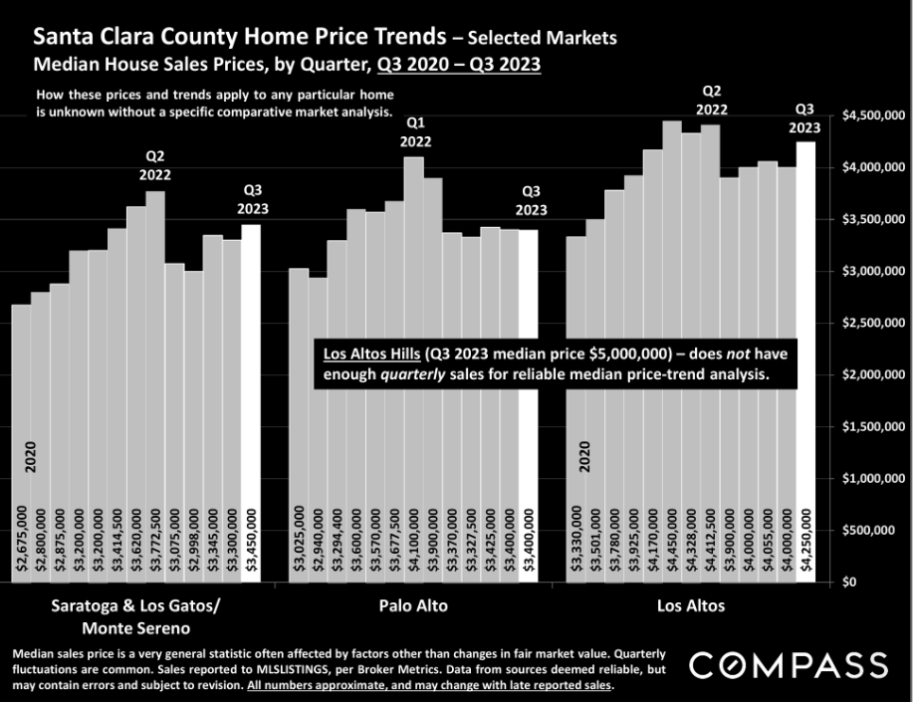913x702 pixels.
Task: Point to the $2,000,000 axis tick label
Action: (873, 374)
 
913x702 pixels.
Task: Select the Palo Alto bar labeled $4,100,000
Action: (414, 368)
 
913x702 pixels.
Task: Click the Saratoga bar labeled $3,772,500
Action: (155, 388)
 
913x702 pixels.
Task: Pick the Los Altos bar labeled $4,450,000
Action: (672, 349)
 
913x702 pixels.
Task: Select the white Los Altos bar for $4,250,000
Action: (805, 358)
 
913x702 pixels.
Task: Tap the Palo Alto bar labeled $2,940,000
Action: (318, 428)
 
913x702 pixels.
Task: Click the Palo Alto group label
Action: (413, 605)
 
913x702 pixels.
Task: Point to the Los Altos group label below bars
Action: (691, 605)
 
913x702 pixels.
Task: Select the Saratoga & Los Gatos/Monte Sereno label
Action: (135, 616)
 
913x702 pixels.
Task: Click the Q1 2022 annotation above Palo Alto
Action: (415, 131)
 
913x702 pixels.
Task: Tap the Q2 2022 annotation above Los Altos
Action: (711, 100)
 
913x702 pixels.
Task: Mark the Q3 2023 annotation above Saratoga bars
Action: (253, 199)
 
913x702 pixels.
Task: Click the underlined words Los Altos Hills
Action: (366, 353)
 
